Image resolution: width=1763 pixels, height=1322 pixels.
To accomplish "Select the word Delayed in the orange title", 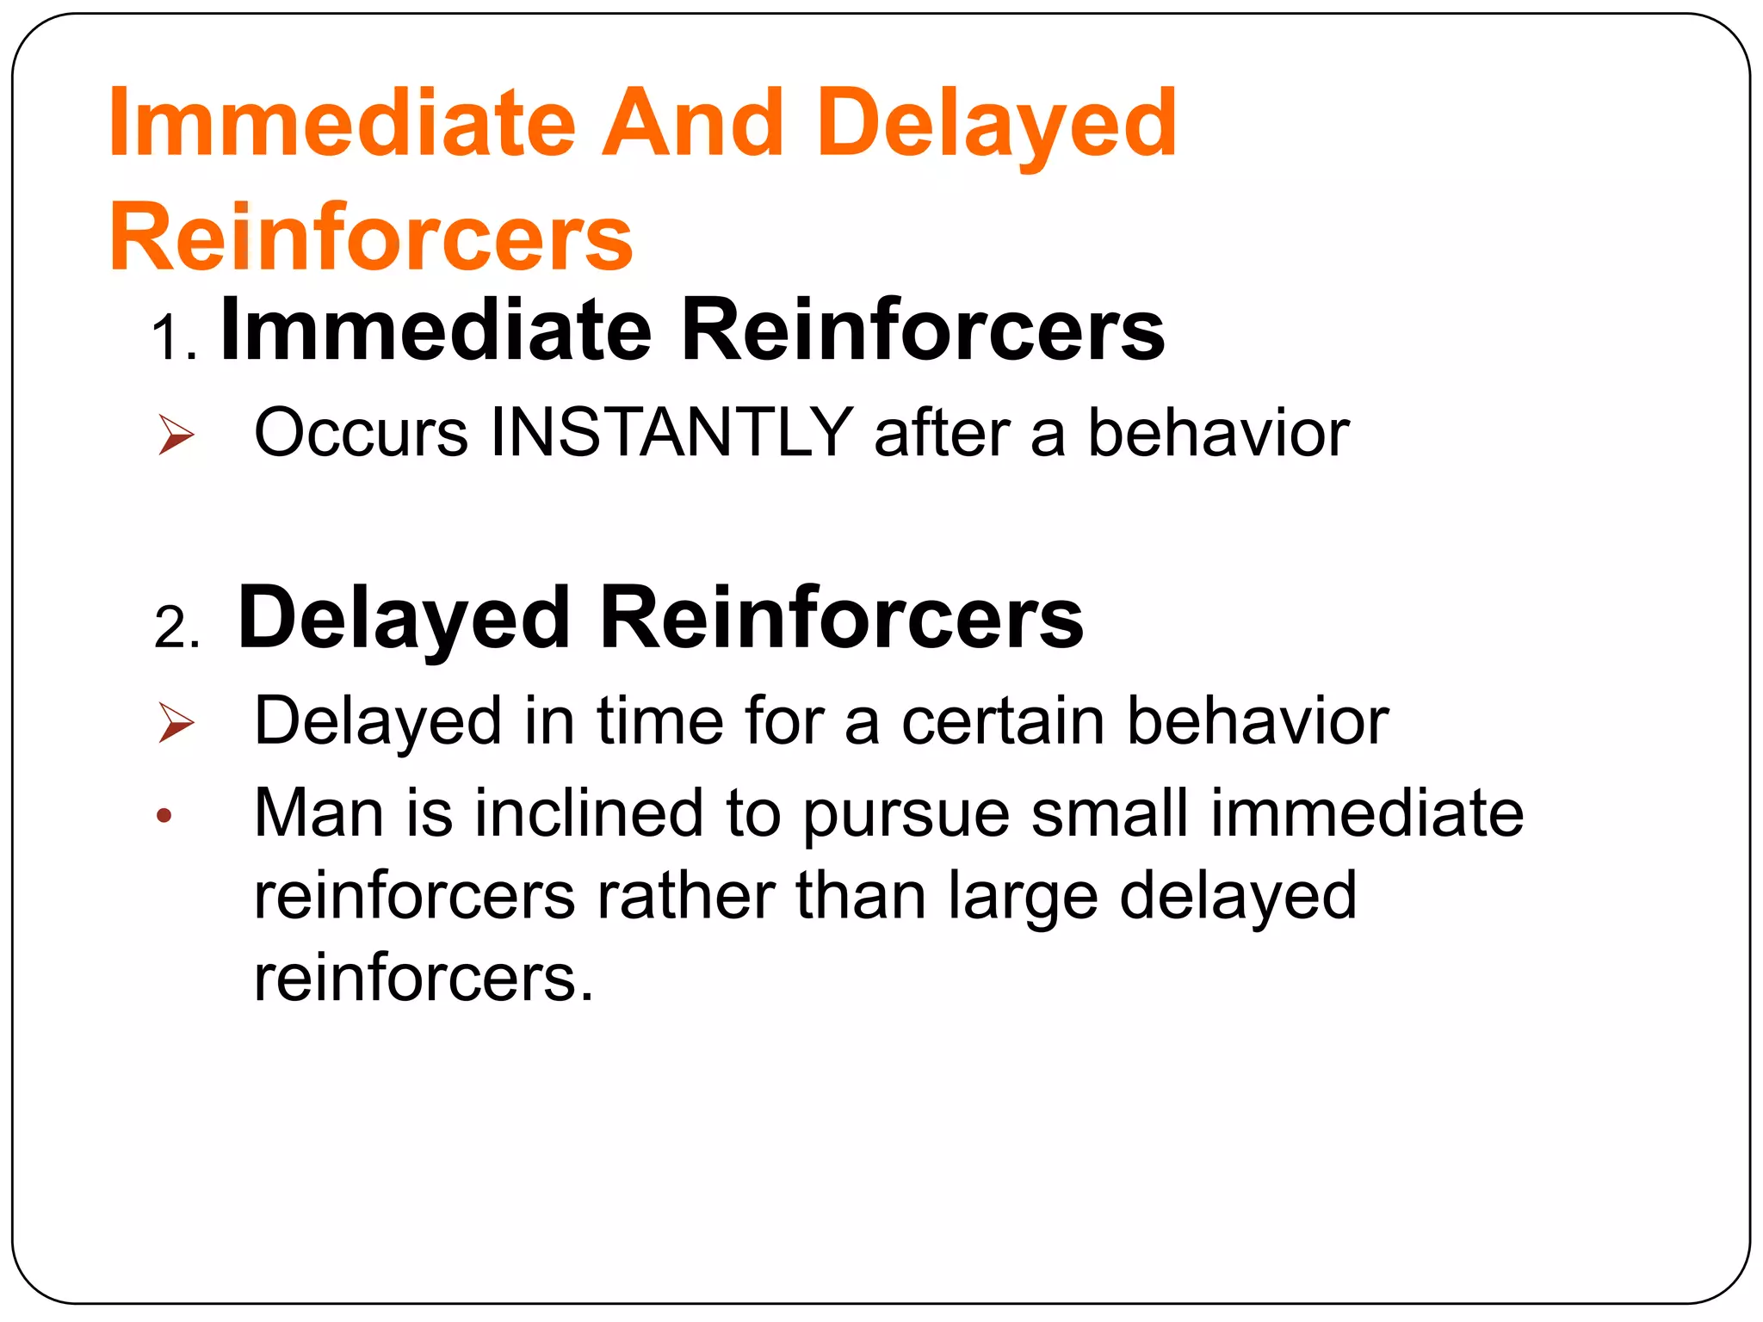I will pyautogui.click(x=996, y=125).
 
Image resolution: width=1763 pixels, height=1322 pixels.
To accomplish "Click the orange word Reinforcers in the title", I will pyautogui.click(x=371, y=237).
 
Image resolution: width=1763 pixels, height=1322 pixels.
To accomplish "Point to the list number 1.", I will pyautogui.click(x=173, y=337).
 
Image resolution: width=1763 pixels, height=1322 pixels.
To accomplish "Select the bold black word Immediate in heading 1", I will pyautogui.click(x=436, y=330).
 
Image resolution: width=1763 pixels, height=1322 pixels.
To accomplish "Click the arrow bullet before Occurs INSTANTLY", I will pyautogui.click(x=176, y=434).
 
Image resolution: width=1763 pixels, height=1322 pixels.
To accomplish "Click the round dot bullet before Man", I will pyautogui.click(x=164, y=815).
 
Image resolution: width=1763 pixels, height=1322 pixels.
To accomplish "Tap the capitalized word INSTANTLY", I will pyautogui.click(x=671, y=432).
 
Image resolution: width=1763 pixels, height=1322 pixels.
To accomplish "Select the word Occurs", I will pyautogui.click(x=362, y=432).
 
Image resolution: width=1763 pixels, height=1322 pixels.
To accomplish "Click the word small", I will pyautogui.click(x=1110, y=812).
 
